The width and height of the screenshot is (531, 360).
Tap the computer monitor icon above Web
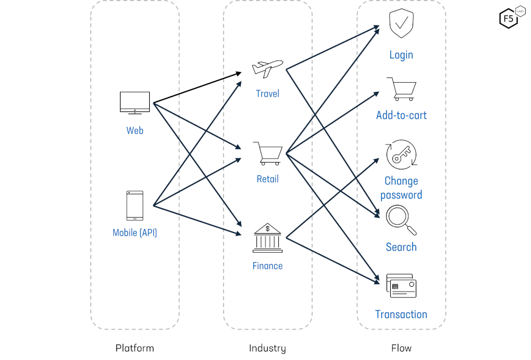tap(134, 102)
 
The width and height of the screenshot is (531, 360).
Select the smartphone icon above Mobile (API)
tap(134, 205)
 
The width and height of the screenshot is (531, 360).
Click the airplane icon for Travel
tap(268, 68)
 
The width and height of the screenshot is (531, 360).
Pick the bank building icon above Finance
tap(268, 238)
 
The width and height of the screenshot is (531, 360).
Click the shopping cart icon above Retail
tap(268, 153)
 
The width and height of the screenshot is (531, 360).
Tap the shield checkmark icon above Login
tap(401, 24)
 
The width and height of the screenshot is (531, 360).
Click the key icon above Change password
tap(401, 155)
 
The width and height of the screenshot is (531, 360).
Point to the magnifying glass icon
tap(401, 220)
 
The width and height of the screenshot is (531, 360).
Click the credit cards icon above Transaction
tap(401, 286)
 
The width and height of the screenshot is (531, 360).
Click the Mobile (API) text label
tap(135, 233)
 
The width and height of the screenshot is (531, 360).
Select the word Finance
tap(268, 265)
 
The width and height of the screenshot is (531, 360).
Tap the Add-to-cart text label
tap(401, 115)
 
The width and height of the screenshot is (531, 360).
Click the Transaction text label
tap(401, 314)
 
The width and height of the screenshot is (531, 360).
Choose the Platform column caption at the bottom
tap(135, 348)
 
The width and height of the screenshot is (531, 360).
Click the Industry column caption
tap(268, 348)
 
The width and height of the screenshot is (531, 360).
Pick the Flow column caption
tap(401, 348)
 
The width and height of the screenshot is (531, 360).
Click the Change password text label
tap(401, 188)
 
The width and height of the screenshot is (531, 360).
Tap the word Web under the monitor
tap(135, 130)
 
